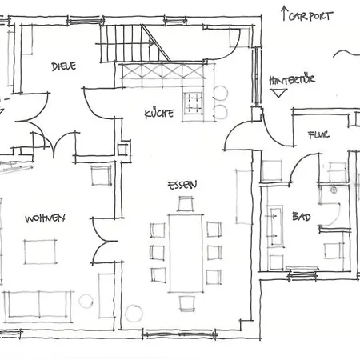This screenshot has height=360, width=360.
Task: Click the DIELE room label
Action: pos(64,66)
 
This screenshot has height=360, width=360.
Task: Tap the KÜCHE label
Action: pos(159,114)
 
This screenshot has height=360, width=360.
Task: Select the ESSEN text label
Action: pos(182,185)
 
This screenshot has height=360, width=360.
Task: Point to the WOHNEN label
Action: pos(45,218)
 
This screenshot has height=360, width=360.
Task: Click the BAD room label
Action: pos(302,216)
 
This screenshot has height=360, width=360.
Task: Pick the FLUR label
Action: pos(318,135)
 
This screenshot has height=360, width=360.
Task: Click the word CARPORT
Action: pos(310,16)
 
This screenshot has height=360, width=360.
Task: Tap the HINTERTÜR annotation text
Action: pos(292,80)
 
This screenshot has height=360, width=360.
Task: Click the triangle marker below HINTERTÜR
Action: pos(278,93)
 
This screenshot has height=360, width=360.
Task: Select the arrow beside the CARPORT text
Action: pos(284,14)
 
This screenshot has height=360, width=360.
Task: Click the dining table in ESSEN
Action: pos(186,254)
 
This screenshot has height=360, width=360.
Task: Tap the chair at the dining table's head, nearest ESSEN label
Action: pos(186,204)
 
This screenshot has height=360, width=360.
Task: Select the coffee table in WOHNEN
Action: pos(40,252)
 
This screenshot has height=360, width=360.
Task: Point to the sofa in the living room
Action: pos(38,306)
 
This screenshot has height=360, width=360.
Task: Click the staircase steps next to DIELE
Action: pos(125,43)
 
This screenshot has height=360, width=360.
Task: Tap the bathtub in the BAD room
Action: pos(276,226)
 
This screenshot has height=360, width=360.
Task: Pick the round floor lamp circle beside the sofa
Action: pos(86,301)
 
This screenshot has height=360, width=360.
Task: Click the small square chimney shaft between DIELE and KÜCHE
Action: pos(122,150)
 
